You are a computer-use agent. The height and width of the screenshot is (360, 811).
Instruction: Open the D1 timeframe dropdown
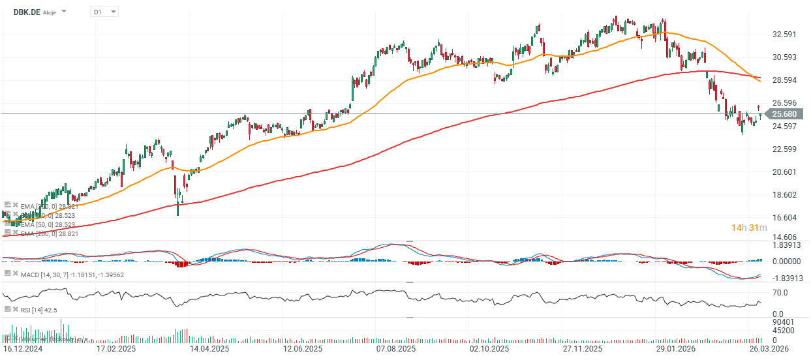[104, 12]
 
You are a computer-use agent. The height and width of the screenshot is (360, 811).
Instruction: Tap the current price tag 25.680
[785, 114]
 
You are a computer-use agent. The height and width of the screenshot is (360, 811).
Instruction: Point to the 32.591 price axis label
[786, 35]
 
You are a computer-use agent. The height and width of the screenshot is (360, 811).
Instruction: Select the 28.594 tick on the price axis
[786, 80]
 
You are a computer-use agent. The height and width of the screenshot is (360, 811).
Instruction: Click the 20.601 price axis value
[786, 172]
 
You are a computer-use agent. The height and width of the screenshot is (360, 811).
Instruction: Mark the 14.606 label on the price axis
[786, 237]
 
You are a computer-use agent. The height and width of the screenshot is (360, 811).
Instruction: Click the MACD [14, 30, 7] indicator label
[72, 275]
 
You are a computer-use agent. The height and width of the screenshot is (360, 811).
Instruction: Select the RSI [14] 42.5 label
[39, 310]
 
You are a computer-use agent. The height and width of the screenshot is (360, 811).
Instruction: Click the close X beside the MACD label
[16, 274]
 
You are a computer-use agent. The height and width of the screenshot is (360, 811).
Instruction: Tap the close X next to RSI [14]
[16, 309]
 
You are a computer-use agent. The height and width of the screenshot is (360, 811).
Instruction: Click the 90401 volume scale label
[783, 322]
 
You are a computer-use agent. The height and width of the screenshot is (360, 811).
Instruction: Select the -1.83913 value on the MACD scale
[787, 278]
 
